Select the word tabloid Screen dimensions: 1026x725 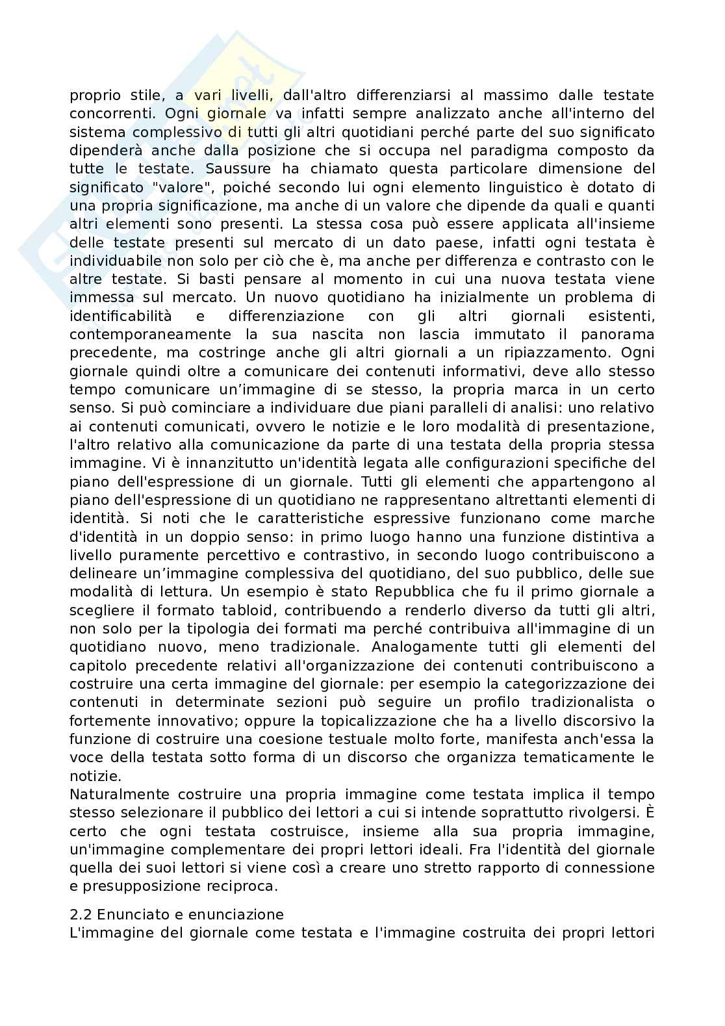tap(248, 611)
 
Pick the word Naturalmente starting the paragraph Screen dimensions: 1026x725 tap(120, 794)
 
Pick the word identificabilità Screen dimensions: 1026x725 tap(121, 316)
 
